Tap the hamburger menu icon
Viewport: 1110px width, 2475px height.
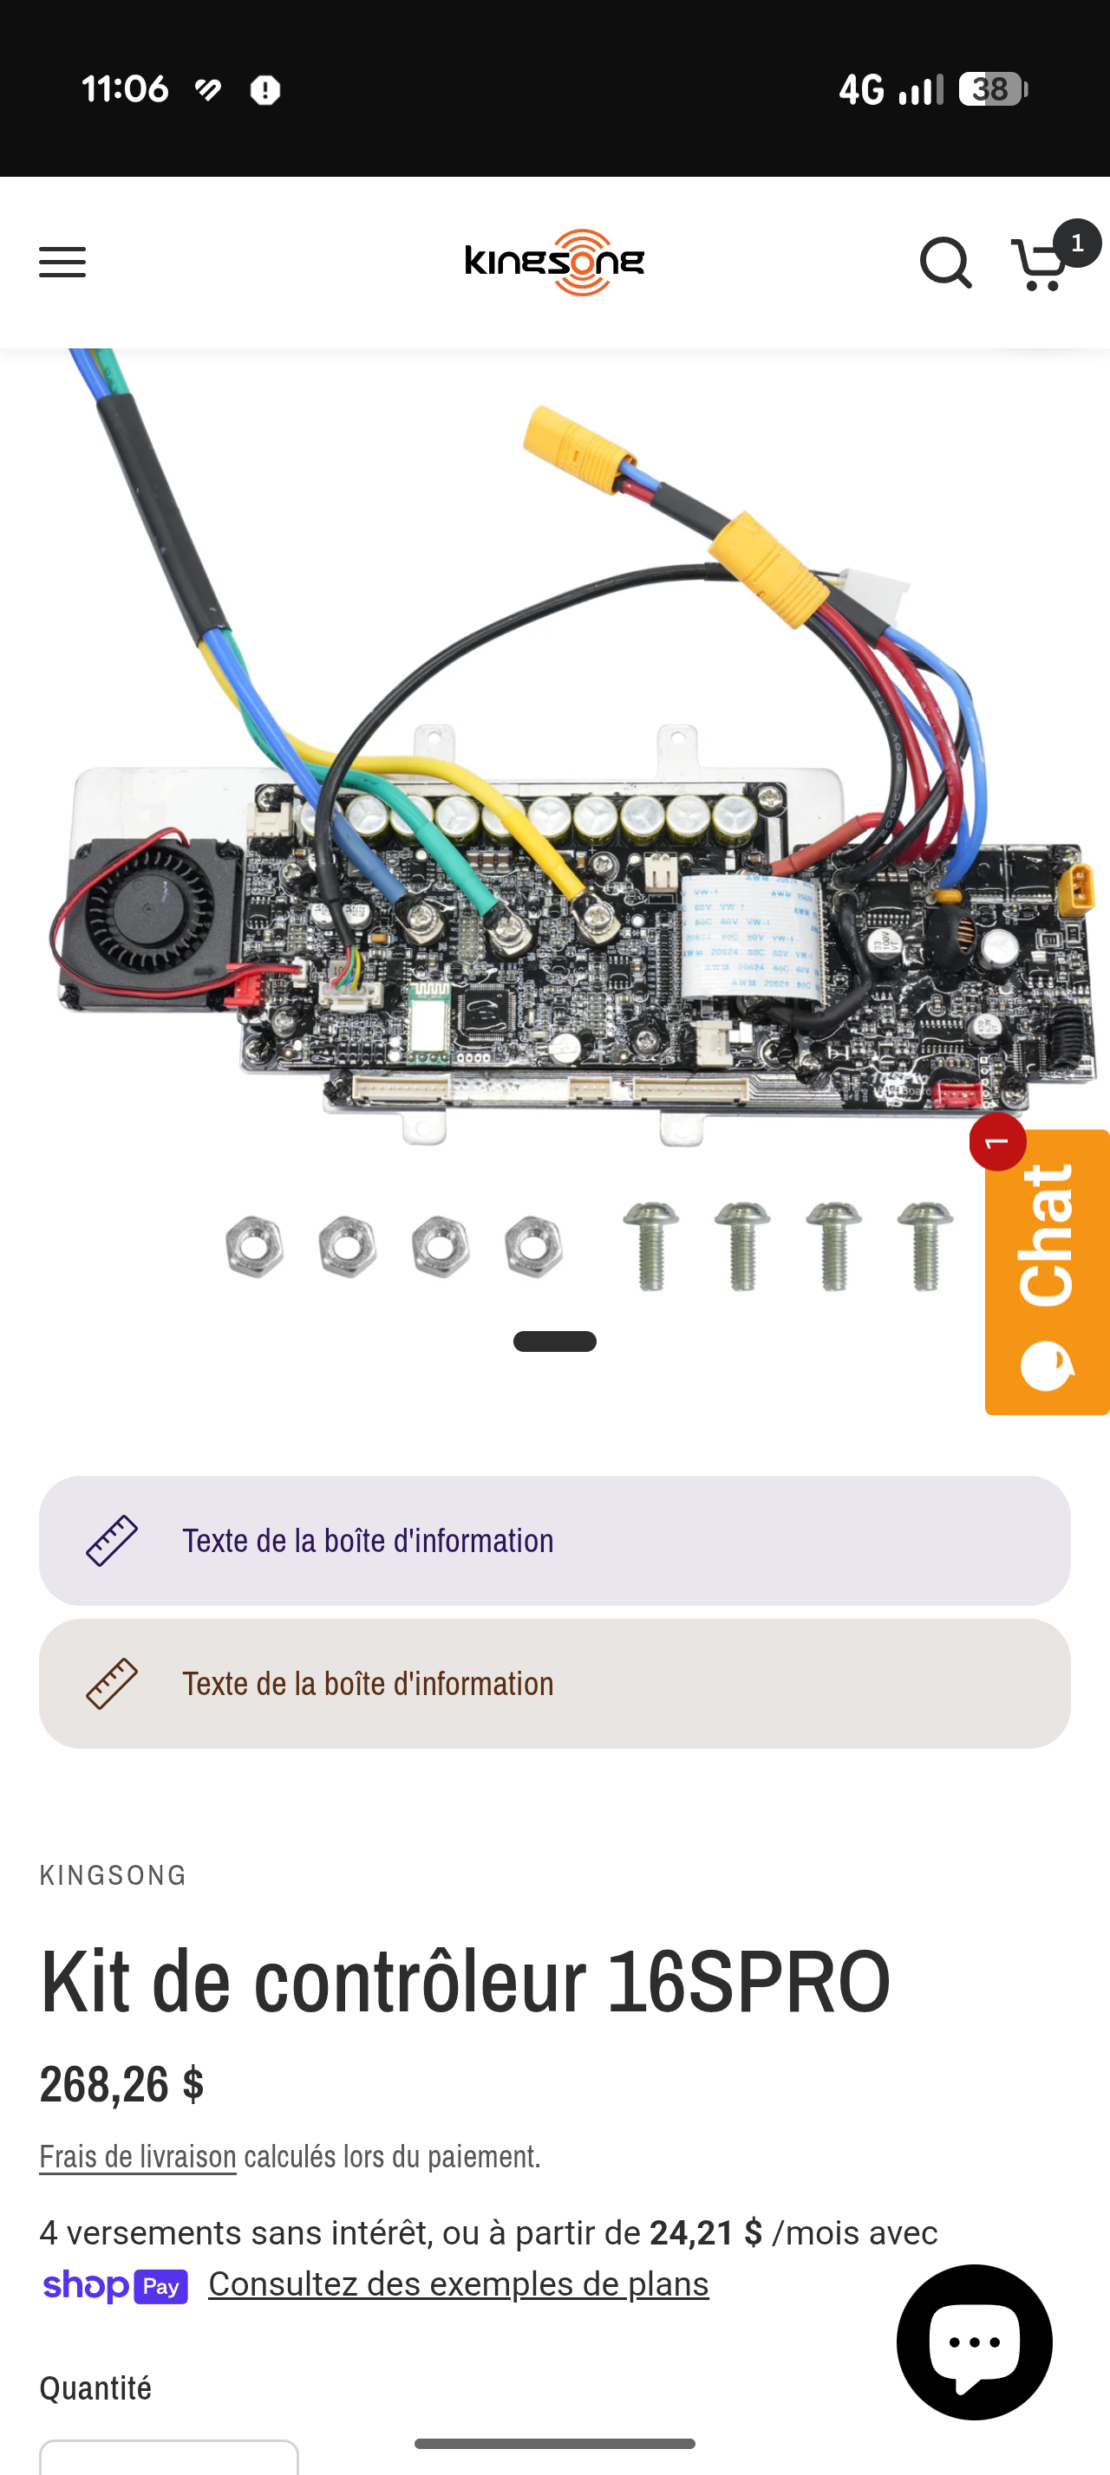coord(62,262)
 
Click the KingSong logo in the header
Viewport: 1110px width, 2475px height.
coord(554,263)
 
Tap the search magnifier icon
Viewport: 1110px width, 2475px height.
coord(945,263)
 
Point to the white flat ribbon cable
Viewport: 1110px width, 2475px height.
coord(752,938)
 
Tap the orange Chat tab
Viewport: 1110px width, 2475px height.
coord(1048,1270)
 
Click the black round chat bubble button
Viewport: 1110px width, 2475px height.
coord(974,2341)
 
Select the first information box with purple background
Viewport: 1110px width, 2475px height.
coord(554,1540)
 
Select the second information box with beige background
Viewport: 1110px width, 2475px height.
coord(554,1683)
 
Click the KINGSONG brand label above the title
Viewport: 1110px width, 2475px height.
coord(114,1874)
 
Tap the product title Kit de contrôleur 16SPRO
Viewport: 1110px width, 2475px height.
coord(465,1981)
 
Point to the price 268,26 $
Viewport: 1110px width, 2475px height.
coord(122,2084)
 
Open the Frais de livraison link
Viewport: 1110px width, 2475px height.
coord(137,2157)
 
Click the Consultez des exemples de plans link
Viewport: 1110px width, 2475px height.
coord(459,2283)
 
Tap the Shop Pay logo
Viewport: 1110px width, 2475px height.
coord(115,2286)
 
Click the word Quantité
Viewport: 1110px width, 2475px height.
coord(95,2387)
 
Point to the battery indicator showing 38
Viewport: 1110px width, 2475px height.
coord(993,89)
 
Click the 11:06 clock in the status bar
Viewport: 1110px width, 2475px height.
coord(125,89)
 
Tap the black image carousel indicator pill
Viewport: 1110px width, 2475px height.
coord(554,1341)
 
